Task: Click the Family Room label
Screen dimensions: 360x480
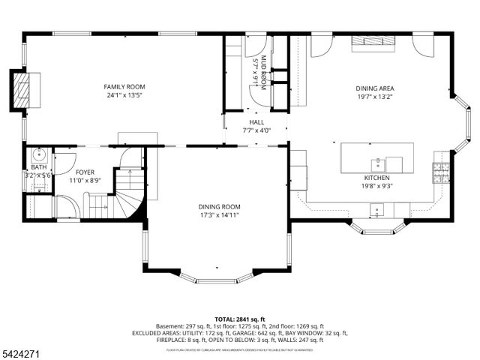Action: tap(124, 87)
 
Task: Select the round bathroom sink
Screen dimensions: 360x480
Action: tap(37, 155)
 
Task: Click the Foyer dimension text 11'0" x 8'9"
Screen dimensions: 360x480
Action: tap(85, 180)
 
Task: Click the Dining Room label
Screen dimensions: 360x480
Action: tap(219, 206)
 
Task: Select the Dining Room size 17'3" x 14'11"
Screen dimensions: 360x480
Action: tap(219, 215)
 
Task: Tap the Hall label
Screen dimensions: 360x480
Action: tap(256, 121)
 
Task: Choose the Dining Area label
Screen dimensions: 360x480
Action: tap(374, 88)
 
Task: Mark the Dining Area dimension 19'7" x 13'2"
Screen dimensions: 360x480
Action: tap(374, 97)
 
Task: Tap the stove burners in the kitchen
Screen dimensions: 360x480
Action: tap(440, 173)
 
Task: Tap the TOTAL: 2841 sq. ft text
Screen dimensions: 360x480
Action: tap(239, 319)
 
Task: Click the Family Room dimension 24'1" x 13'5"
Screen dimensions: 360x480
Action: tap(124, 96)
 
